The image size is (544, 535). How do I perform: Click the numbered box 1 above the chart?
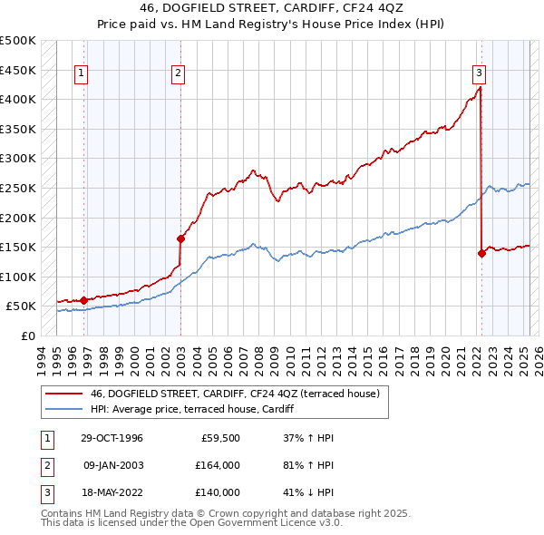pos(82,73)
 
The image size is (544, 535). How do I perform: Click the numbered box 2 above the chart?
pos(179,73)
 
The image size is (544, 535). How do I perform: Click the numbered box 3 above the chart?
pos(479,73)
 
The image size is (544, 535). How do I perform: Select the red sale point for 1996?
pos(83,300)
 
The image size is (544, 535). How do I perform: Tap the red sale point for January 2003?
pos(180,238)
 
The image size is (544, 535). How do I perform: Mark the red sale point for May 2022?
pos(481,253)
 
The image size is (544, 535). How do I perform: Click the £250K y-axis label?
pos(18,188)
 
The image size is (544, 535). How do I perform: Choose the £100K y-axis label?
pos(18,277)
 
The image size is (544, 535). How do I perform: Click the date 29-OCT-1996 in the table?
pos(112,438)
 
